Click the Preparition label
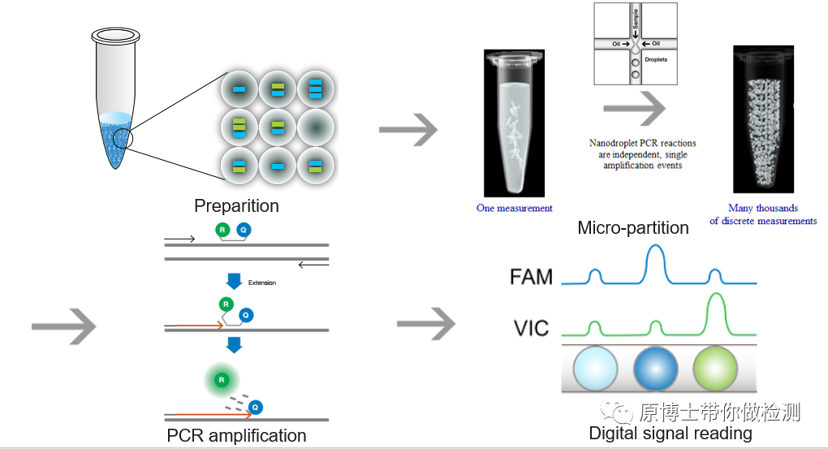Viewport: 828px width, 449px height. pos(236,206)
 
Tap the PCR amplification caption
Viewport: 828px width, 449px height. pos(236,436)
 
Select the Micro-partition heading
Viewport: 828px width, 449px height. pos(633,228)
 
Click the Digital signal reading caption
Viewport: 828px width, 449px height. pos(671,434)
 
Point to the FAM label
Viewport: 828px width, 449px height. pos(531,277)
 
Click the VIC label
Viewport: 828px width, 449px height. pos(530,329)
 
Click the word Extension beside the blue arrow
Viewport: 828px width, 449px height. pos(262,283)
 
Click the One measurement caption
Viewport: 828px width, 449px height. pos(514,209)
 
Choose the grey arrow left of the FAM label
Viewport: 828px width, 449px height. pos(425,322)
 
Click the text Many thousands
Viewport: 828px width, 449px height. pos(763,209)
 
